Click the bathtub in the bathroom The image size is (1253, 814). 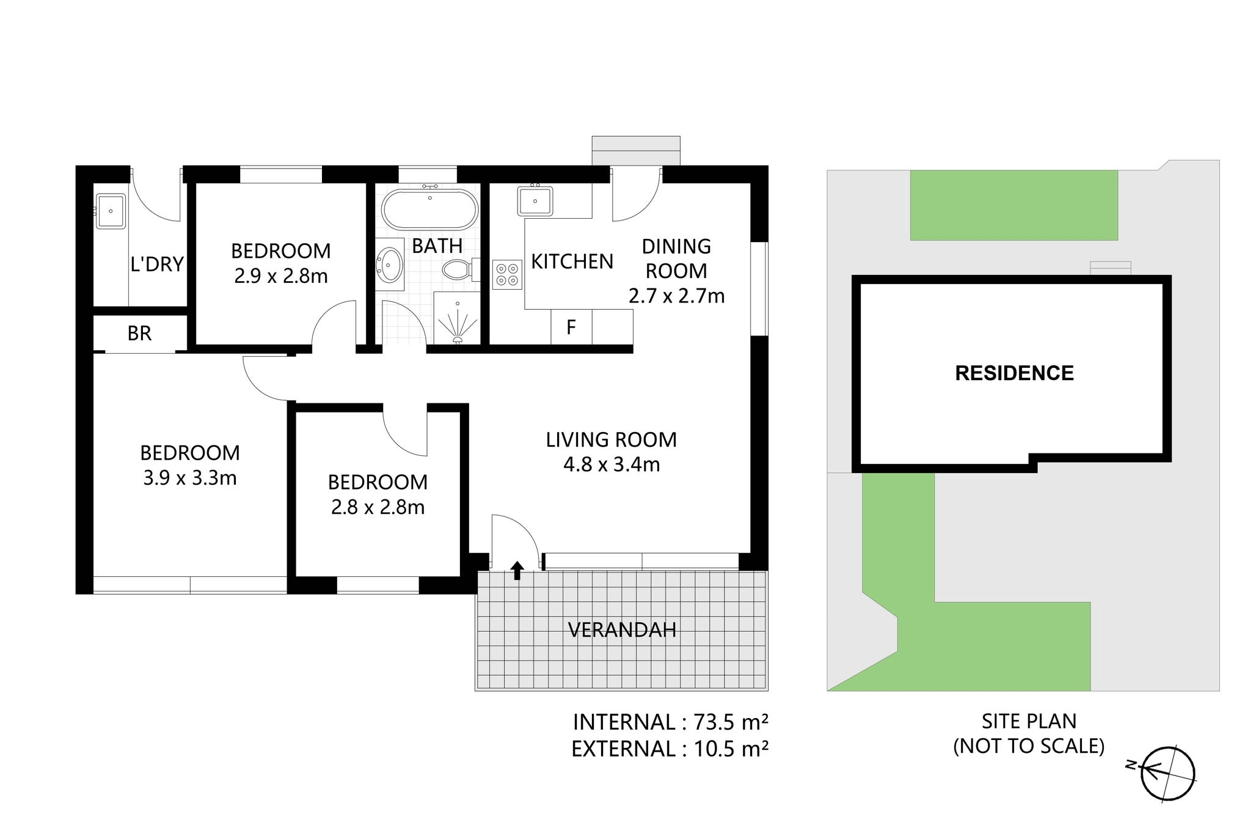tap(429, 209)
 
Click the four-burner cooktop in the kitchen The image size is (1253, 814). tap(507, 275)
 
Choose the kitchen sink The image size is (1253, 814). tap(535, 200)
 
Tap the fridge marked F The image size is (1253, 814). tap(571, 328)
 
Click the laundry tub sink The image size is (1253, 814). tap(111, 211)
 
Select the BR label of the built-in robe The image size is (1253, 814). tap(139, 334)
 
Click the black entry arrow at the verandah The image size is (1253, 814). tap(517, 570)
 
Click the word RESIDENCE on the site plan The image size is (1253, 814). tap(1014, 373)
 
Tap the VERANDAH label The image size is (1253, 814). tap(622, 630)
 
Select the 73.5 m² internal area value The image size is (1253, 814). tap(731, 722)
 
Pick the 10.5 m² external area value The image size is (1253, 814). tap(731, 749)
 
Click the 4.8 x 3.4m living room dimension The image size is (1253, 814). tap(612, 465)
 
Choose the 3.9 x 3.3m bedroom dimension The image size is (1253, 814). tap(190, 478)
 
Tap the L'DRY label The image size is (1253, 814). tap(157, 264)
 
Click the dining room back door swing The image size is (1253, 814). tap(637, 194)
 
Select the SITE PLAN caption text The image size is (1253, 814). tap(1029, 722)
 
